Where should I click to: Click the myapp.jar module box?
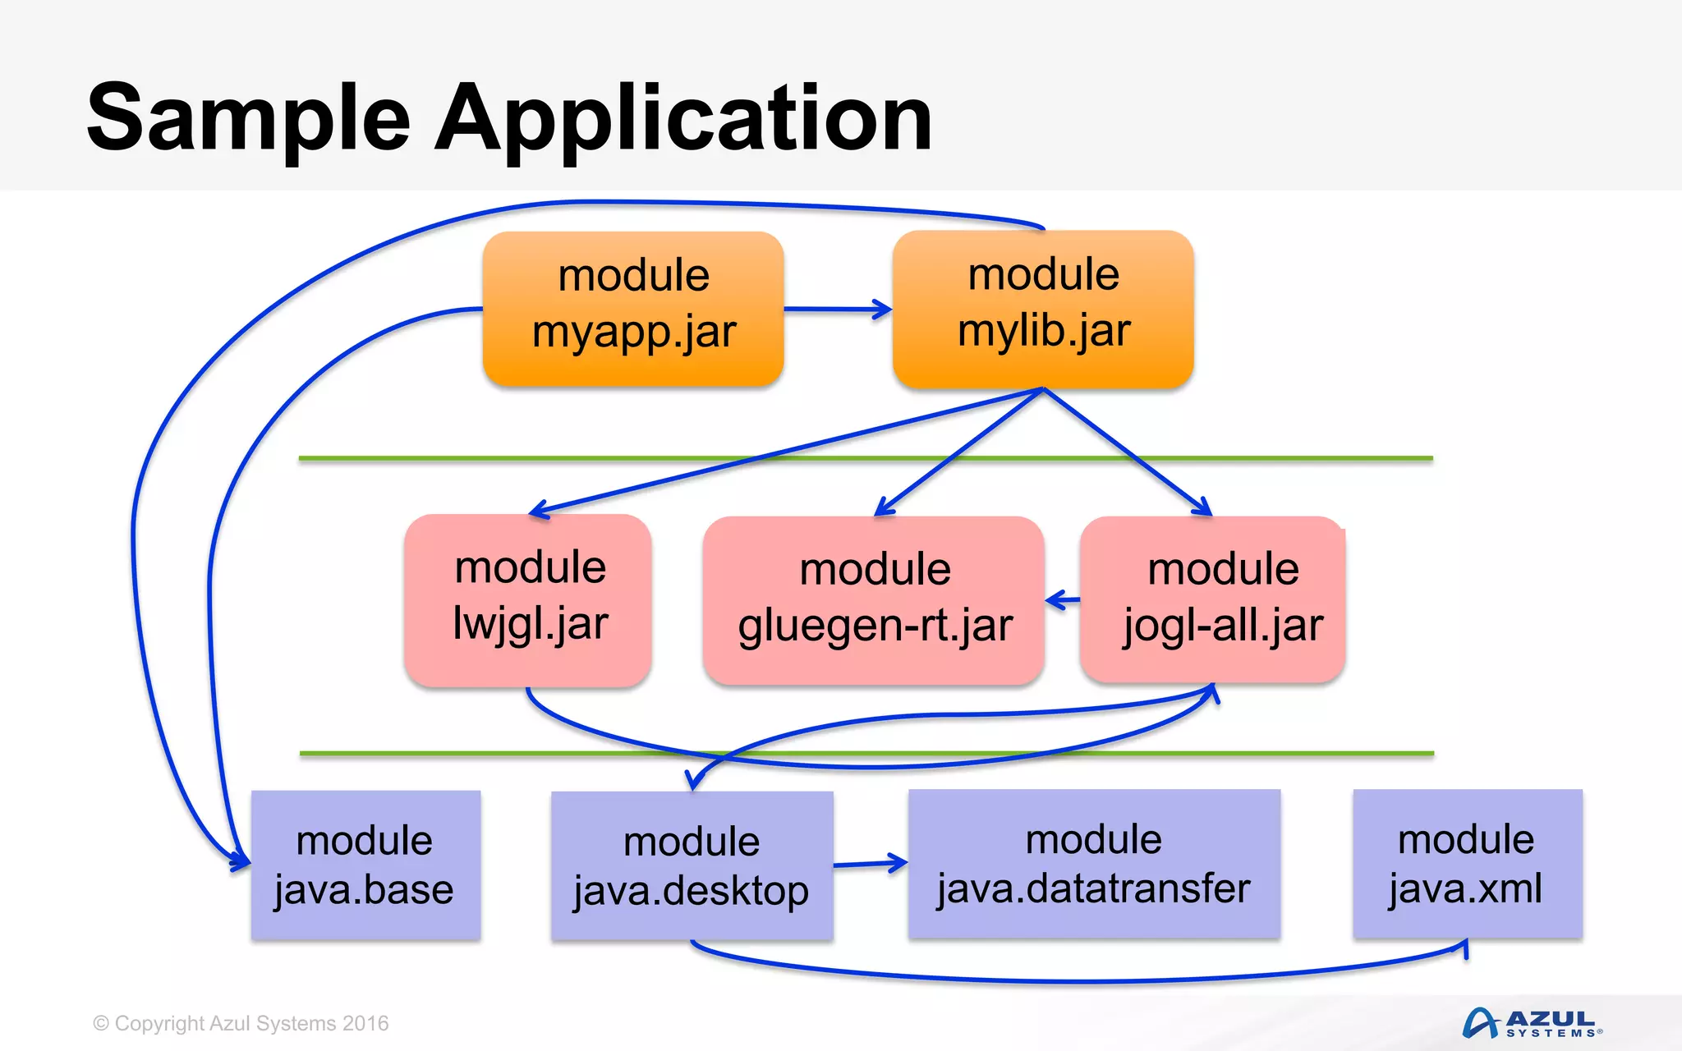tap(633, 308)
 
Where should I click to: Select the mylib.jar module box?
tap(1043, 308)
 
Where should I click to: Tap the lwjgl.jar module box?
tap(528, 599)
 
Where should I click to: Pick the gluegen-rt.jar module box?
tap(874, 600)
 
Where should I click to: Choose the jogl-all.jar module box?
tap(1214, 599)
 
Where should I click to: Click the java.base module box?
tap(365, 865)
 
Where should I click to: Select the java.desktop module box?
tap(692, 866)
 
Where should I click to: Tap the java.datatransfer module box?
tap(1094, 864)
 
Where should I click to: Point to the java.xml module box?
tap(1467, 864)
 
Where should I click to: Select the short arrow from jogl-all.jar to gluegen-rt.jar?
tap(1062, 600)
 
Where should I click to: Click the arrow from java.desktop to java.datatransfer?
tap(871, 864)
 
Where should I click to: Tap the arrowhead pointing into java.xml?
tap(1464, 949)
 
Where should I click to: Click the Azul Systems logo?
tap(1532, 1023)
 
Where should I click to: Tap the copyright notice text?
tap(241, 1023)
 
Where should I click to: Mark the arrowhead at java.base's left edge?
tap(241, 861)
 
